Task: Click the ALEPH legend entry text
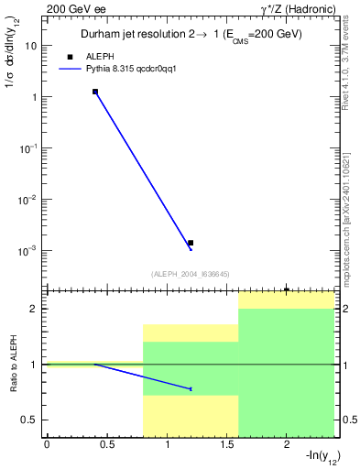pos(100,56)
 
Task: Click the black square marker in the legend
pos(70,56)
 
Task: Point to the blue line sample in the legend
pos(70,68)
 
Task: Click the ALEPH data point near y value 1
pos(94,92)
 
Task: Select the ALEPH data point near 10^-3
pos(191,243)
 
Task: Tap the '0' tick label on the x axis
pos(47,445)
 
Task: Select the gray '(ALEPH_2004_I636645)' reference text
pos(190,274)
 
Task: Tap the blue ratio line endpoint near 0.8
pos(191,388)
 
